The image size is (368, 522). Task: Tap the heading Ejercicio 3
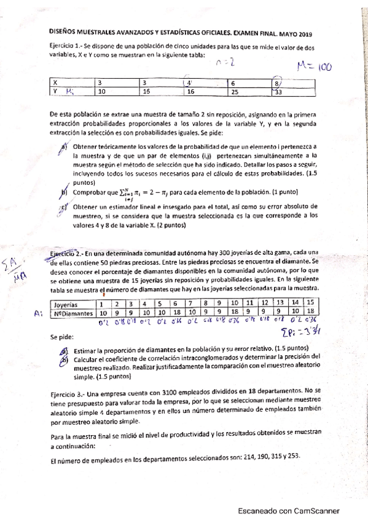(x=66, y=391)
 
